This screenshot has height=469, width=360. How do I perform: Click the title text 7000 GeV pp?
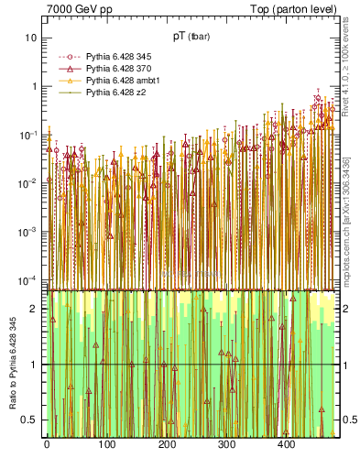[x=81, y=10]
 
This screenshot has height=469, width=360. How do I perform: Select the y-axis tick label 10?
[x=31, y=38]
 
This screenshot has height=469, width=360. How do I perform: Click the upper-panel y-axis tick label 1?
[x=34, y=87]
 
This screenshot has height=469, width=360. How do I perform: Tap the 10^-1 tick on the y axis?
[x=29, y=135]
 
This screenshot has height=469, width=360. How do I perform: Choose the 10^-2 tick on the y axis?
[x=29, y=183]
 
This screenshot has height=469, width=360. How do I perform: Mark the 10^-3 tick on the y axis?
[x=29, y=232]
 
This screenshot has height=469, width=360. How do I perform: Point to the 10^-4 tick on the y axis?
[x=29, y=279]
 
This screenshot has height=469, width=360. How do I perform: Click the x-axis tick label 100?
[x=106, y=446]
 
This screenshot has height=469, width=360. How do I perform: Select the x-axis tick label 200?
[x=166, y=446]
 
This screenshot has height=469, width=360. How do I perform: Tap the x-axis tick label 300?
[x=226, y=446]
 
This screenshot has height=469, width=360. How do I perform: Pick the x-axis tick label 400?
[x=286, y=446]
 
